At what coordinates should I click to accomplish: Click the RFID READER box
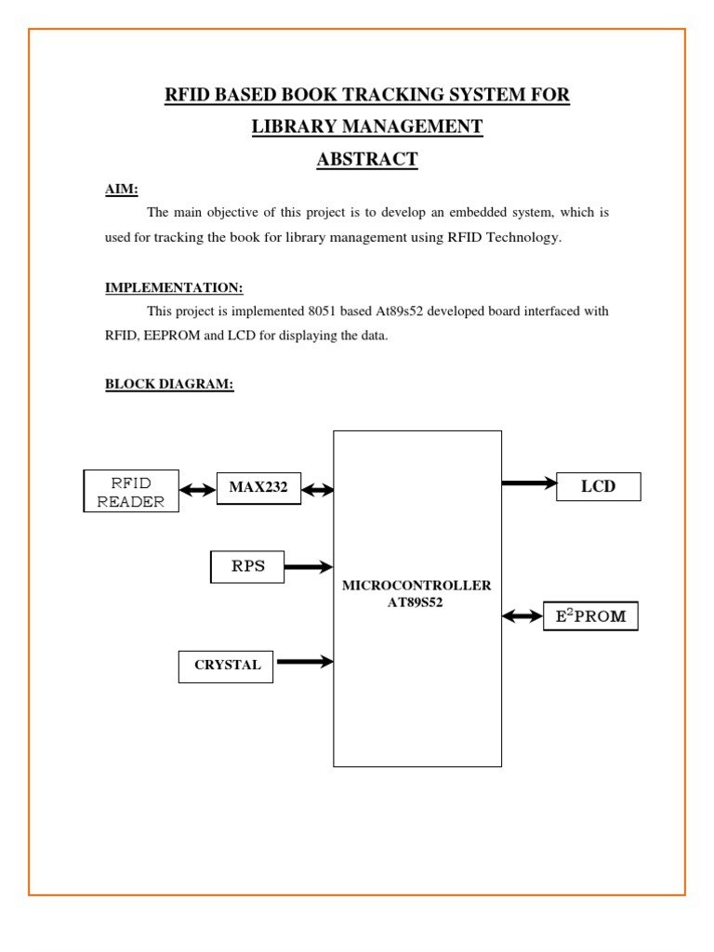[131, 491]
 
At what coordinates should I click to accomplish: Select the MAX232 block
[258, 488]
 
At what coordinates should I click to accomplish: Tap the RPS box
[247, 567]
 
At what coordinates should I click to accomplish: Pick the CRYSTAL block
[226, 667]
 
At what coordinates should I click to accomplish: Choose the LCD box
[599, 487]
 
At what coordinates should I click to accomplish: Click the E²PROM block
[590, 616]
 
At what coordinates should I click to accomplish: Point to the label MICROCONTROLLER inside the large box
[416, 586]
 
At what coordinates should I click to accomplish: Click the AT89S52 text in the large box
[416, 602]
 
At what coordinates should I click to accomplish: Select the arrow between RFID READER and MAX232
[198, 489]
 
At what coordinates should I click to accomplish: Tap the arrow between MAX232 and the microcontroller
[318, 489]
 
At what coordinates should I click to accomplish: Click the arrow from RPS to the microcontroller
[309, 567]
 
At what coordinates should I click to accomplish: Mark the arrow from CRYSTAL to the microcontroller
[305, 661]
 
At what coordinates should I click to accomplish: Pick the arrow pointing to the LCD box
[529, 483]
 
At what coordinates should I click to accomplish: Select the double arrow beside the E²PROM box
[522, 617]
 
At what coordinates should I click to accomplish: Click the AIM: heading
[122, 190]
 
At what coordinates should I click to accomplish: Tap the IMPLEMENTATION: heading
[174, 288]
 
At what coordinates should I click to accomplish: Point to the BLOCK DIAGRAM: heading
[169, 384]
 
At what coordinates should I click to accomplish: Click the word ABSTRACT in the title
[367, 159]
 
